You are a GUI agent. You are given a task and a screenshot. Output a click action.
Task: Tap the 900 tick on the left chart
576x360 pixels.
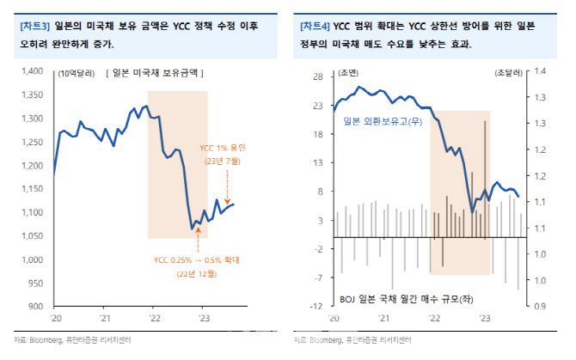tap(42, 306)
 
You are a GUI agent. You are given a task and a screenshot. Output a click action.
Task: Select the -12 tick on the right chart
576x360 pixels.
tap(316, 306)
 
